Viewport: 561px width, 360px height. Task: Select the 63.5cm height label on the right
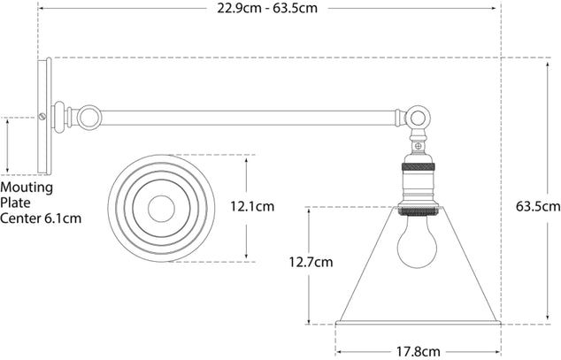point(537,206)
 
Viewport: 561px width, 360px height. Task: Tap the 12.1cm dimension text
point(252,206)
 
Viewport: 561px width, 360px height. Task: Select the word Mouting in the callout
point(27,188)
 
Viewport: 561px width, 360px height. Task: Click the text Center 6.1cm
point(41,218)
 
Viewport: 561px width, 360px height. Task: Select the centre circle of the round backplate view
point(161,209)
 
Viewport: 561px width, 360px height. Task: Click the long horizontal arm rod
point(248,115)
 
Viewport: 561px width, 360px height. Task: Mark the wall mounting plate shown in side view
point(43,115)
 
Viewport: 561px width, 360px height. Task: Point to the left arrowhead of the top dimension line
point(41,9)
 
